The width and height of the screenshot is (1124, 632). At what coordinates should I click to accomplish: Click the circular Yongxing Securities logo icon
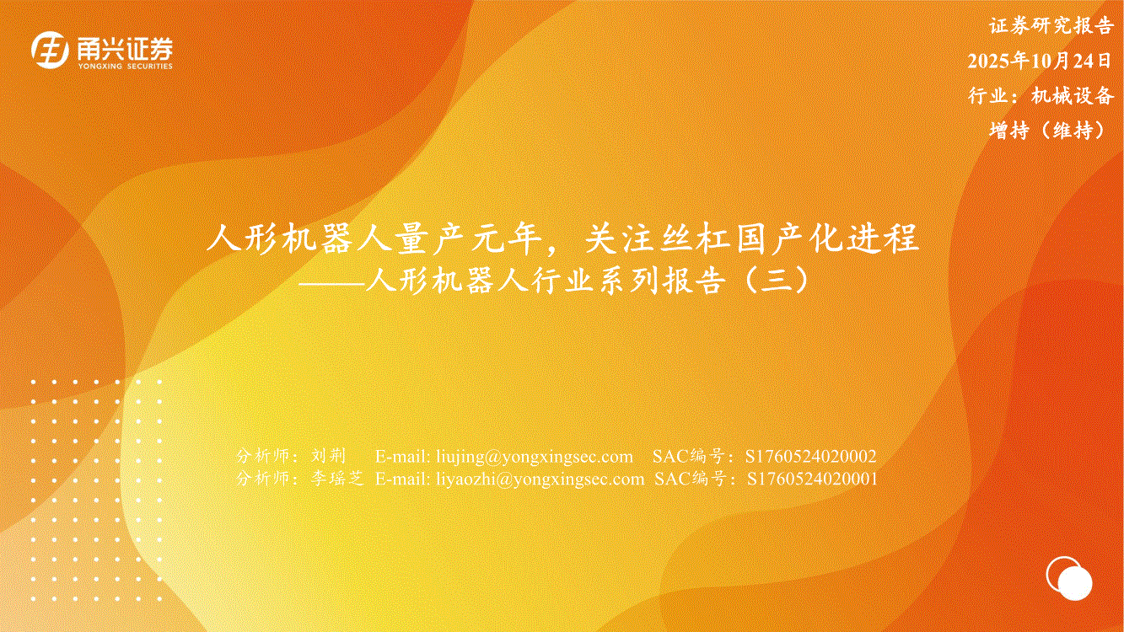50,50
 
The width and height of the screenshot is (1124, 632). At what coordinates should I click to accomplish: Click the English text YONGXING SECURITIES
125,66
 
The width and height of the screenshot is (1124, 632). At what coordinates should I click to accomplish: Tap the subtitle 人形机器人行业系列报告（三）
588,281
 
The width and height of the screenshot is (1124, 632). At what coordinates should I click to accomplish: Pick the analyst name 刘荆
329,455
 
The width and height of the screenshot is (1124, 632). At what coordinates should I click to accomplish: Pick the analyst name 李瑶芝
337,478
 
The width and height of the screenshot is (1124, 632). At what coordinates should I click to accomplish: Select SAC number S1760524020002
811,456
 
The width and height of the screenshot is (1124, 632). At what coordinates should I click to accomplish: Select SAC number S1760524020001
812,479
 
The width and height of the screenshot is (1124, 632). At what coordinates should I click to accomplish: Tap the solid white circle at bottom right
1075,584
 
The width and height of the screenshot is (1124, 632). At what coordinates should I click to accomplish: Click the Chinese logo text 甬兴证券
125,49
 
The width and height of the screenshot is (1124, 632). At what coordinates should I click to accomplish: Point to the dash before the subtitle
331,284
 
